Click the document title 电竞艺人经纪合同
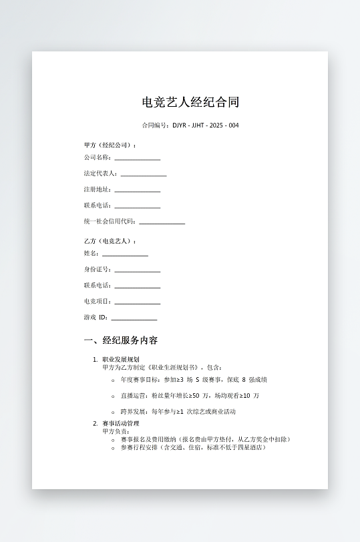tap(190, 102)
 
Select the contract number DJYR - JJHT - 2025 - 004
tap(205, 125)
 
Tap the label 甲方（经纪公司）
tap(110, 145)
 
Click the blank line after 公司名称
tap(137, 158)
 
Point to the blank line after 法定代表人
tap(144, 174)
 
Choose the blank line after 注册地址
tap(137, 190)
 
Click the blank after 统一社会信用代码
tap(162, 222)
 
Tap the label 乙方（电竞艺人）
tap(110, 241)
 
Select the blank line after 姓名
tap(125, 254)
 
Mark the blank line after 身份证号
tap(137, 270)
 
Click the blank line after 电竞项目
tap(137, 302)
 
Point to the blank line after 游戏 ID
tap(134, 318)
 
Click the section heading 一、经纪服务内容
tap(121, 340)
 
